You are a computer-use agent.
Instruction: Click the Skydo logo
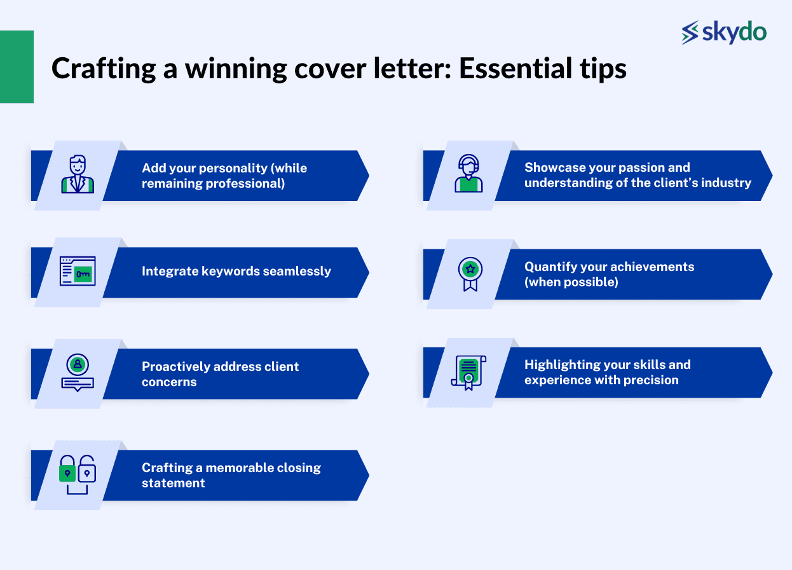click(x=723, y=32)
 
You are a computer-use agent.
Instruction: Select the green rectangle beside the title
click(x=17, y=67)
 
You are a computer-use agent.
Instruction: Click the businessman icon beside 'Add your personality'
click(x=78, y=174)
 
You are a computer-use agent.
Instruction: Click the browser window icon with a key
click(x=78, y=272)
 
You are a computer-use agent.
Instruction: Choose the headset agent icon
click(x=468, y=174)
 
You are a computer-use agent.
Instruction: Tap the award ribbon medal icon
click(x=469, y=274)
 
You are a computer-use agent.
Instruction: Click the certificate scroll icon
click(x=468, y=372)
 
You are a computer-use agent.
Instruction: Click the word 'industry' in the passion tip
click(x=727, y=183)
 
